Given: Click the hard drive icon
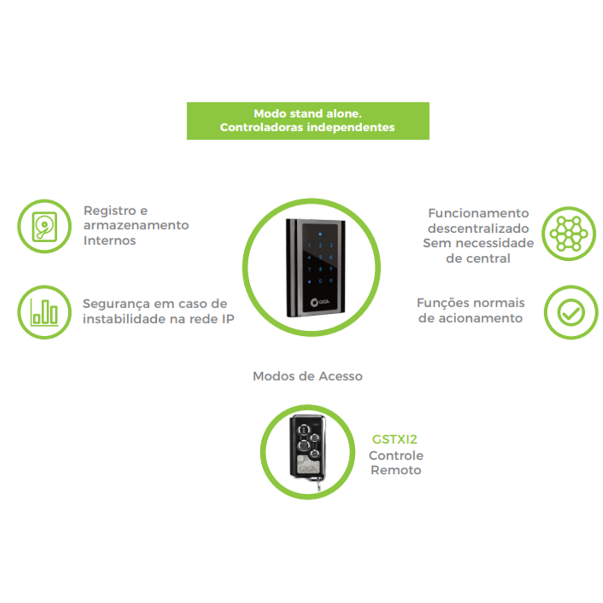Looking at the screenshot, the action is coord(44,227).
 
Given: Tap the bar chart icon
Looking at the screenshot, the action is coord(44,312).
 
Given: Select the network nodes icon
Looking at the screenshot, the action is coord(568,234).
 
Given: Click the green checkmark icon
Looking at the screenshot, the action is coord(571,312).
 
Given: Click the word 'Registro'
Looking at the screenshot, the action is coord(110,211).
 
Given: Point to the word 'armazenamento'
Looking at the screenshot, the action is coord(136,225).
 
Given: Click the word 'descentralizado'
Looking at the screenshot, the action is coord(478,229).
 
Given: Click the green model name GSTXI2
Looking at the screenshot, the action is coord(394,439).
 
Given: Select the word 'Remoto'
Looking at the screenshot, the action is coord(396,470).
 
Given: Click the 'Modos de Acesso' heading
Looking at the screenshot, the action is coord(308,376).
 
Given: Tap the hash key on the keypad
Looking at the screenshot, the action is coord(331,281).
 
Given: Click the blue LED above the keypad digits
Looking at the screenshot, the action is coord(320,234).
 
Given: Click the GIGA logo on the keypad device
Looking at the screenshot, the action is coord(320,303).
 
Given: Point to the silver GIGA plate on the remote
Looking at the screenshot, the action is coord(308,465).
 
